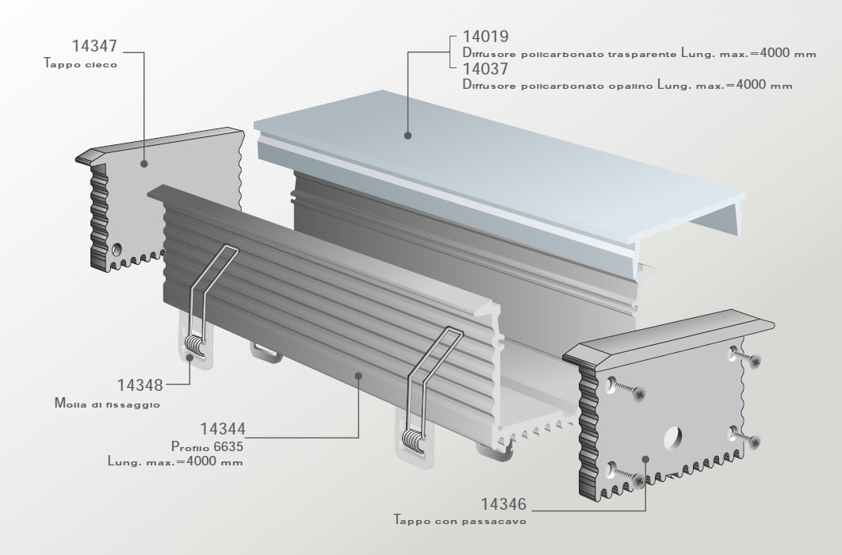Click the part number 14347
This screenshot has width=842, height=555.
[94, 46]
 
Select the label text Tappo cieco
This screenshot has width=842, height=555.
[81, 64]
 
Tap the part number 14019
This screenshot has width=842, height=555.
[485, 36]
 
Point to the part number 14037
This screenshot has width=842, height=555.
[485, 69]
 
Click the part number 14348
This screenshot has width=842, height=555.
[140, 385]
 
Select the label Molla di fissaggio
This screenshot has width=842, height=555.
[107, 403]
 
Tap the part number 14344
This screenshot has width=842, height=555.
[223, 429]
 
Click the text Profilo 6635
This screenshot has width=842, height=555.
[207, 446]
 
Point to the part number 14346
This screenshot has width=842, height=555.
[503, 504]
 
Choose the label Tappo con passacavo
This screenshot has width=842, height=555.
[460, 521]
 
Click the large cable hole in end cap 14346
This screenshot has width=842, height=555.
[673, 438]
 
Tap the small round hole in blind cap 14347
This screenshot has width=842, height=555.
[117, 248]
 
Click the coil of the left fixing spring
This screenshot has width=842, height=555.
[194, 345]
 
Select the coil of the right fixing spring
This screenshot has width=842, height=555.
[415, 441]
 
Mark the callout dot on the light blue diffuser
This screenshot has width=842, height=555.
[408, 136]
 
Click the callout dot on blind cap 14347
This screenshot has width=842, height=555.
[144, 163]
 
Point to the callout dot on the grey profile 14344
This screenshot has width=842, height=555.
[358, 375]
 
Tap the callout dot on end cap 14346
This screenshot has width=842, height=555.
[645, 459]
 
